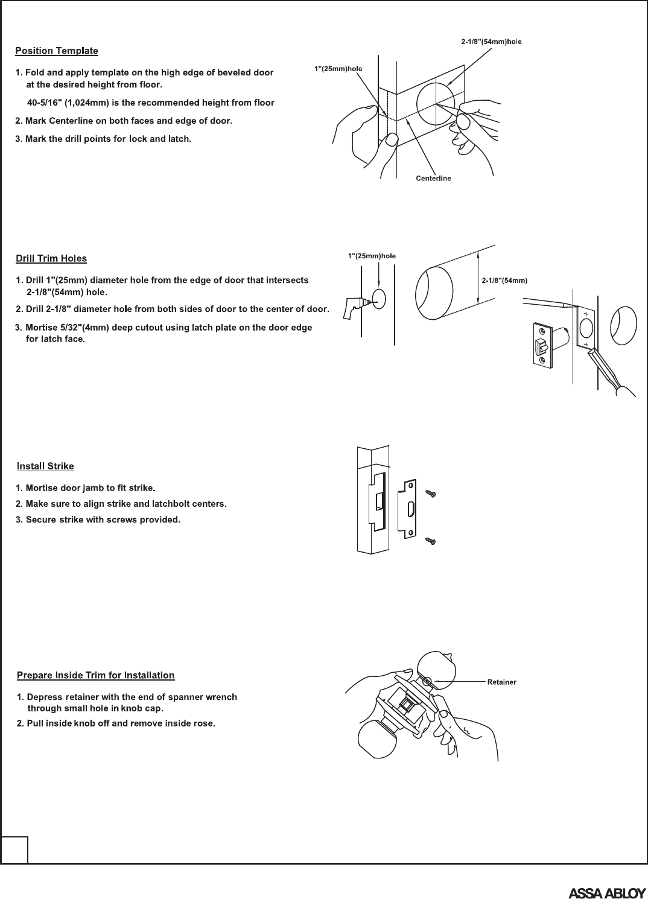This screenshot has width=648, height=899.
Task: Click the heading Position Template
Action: pyautogui.click(x=57, y=51)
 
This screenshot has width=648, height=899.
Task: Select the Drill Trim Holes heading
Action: pyautogui.click(x=51, y=259)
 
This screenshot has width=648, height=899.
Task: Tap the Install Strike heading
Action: pyautogui.click(x=45, y=466)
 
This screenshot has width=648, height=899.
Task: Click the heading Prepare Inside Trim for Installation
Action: pyautogui.click(x=96, y=675)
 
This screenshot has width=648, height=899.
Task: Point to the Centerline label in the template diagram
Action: pyautogui.click(x=433, y=179)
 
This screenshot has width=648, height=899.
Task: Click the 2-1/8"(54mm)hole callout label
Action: pyautogui.click(x=487, y=42)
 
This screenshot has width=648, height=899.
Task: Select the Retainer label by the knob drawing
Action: pyautogui.click(x=501, y=682)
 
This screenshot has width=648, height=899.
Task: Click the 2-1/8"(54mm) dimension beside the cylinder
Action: pyautogui.click(x=505, y=281)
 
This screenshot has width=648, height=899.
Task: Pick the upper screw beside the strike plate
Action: pyautogui.click(x=431, y=494)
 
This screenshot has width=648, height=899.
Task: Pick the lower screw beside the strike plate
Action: pyautogui.click(x=431, y=541)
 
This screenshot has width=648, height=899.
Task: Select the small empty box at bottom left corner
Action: pyautogui.click(x=14, y=850)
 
